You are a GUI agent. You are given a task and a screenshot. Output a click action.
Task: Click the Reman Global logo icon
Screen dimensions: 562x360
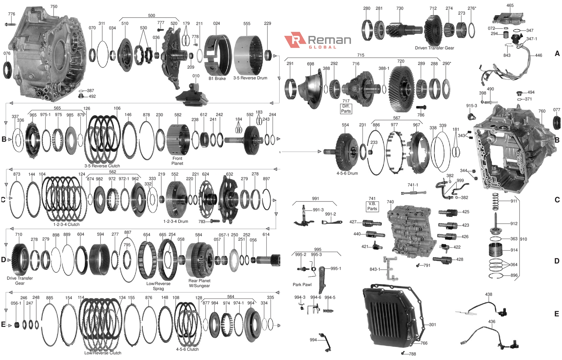(x=295, y=40)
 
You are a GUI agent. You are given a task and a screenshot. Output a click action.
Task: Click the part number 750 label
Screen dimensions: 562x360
(x=54, y=7)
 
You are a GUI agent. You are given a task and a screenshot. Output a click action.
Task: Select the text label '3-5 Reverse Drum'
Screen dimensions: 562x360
(x=250, y=78)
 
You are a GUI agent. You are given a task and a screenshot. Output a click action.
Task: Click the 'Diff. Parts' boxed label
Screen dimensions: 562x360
(x=346, y=109)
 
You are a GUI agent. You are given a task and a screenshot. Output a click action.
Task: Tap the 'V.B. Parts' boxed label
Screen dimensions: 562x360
(x=372, y=206)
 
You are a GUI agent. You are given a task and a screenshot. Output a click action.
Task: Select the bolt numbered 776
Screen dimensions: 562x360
(x=10, y=24)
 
